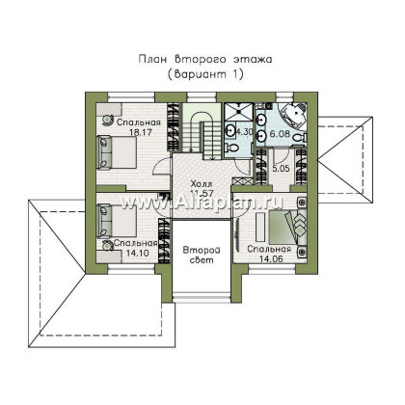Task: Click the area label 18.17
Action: pyautogui.click(x=141, y=132)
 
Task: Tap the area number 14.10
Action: pyautogui.click(x=137, y=253)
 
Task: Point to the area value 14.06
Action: pyautogui.click(x=271, y=258)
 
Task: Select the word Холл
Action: pyautogui.click(x=202, y=184)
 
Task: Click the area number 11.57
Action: pyautogui.click(x=202, y=193)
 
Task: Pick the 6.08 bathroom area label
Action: pyautogui.click(x=280, y=134)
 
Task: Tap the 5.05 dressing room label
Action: pyautogui.click(x=281, y=168)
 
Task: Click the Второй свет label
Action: pyautogui.click(x=202, y=255)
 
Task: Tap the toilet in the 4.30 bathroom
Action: pyautogui.click(x=232, y=148)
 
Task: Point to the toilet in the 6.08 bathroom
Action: pyautogui.click(x=299, y=138)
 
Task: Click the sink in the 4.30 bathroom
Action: pyautogui.click(x=229, y=130)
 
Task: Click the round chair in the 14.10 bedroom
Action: pyautogui.click(x=106, y=245)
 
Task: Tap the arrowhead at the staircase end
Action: pyautogui.click(x=212, y=157)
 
